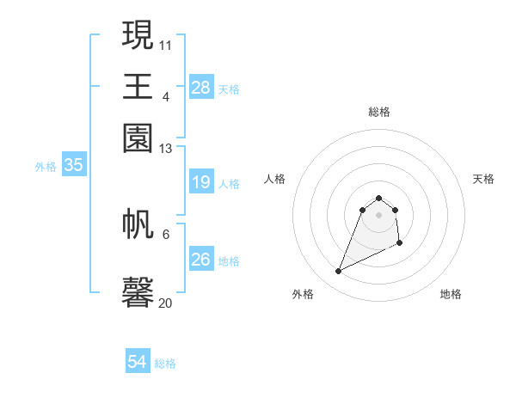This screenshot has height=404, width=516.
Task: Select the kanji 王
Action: tap(138, 86)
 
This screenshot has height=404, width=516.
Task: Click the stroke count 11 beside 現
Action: tap(166, 44)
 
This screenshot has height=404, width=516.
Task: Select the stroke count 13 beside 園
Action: tap(166, 149)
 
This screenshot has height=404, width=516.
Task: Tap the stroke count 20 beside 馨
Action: tap(166, 303)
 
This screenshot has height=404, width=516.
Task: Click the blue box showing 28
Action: tap(201, 87)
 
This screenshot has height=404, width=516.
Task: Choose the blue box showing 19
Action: tap(201, 182)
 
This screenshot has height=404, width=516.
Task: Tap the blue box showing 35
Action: tap(73, 166)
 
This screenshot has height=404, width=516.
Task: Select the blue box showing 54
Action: tap(138, 362)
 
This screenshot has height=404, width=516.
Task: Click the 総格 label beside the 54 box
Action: tap(165, 364)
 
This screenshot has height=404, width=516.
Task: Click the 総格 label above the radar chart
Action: tap(379, 112)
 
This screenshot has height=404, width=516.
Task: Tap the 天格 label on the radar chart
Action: tap(484, 179)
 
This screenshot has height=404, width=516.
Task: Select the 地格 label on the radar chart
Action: tap(451, 295)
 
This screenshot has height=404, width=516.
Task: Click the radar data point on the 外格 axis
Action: tap(339, 272)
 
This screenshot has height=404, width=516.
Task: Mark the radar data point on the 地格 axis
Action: tap(400, 244)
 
